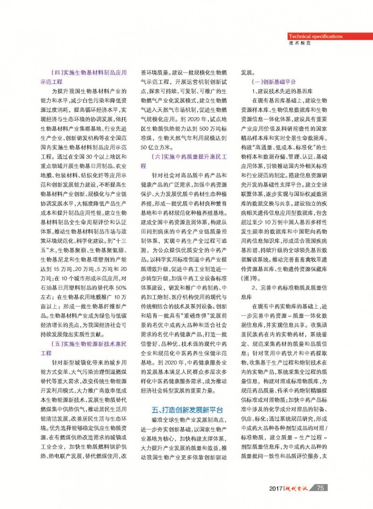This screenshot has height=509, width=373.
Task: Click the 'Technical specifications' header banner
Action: [x=315, y=36]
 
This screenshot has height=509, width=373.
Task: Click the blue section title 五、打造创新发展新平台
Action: [x=186, y=410]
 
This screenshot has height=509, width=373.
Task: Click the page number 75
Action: [x=320, y=488]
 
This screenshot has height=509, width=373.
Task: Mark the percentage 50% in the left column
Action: [x=120, y=268]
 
